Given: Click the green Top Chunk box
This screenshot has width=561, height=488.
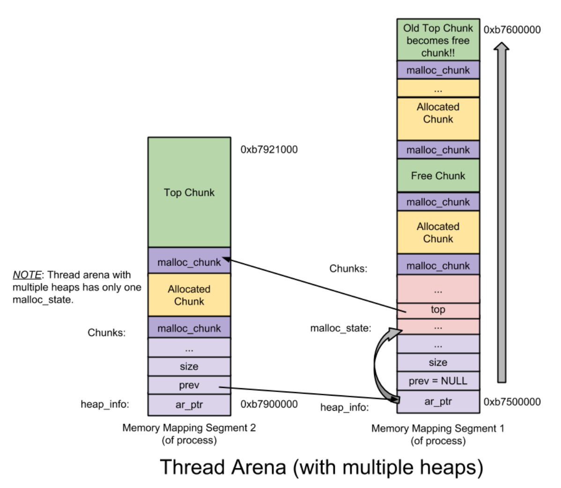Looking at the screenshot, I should tap(189, 192).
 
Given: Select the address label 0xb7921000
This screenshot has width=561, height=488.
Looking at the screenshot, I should tap(269, 150).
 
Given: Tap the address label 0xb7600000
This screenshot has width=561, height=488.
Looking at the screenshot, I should tap(512, 30).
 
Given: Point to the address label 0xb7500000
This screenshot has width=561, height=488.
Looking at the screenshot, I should tap(512, 402).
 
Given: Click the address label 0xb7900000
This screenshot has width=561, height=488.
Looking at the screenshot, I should tap(269, 404).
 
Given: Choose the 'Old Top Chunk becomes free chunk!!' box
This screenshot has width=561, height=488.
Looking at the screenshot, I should tap(438, 40).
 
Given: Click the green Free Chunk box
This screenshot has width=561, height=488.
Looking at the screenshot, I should tap(438, 176).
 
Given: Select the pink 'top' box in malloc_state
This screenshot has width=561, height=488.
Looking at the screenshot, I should tap(438, 310).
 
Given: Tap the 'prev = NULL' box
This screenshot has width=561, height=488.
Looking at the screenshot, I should tap(438, 381).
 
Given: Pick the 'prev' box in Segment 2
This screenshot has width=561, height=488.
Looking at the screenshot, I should tap(189, 385).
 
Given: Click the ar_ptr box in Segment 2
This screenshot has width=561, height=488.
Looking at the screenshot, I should tap(189, 405).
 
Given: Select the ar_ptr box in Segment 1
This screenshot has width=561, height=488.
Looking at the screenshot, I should tap(438, 401).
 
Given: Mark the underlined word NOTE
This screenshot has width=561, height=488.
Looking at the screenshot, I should tap(27, 275).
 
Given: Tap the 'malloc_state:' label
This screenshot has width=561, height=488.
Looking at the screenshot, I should tap(340, 328).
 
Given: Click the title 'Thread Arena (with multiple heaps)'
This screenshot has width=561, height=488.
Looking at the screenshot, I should tap(321, 467).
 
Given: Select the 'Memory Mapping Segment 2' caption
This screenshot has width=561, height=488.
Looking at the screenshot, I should tap(189, 428).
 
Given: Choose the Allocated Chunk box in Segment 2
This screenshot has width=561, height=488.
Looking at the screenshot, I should tap(189, 295).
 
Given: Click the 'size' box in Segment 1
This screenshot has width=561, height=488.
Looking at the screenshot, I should tap(438, 362).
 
